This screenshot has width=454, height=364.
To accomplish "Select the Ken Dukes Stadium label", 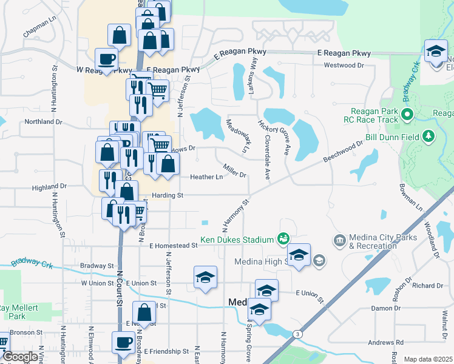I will [238, 240].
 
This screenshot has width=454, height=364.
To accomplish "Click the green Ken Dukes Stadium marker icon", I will [283, 239].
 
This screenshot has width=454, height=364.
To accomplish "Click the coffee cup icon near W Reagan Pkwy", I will [107, 59].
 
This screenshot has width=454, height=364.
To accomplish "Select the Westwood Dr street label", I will [344, 65].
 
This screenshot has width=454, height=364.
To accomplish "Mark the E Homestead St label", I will [174, 246].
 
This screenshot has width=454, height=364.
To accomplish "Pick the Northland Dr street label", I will [43, 122].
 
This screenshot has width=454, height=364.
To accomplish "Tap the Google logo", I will [21, 357].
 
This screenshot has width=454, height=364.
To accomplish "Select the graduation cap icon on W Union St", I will [206, 278].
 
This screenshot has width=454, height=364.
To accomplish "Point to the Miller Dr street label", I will [234, 170].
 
